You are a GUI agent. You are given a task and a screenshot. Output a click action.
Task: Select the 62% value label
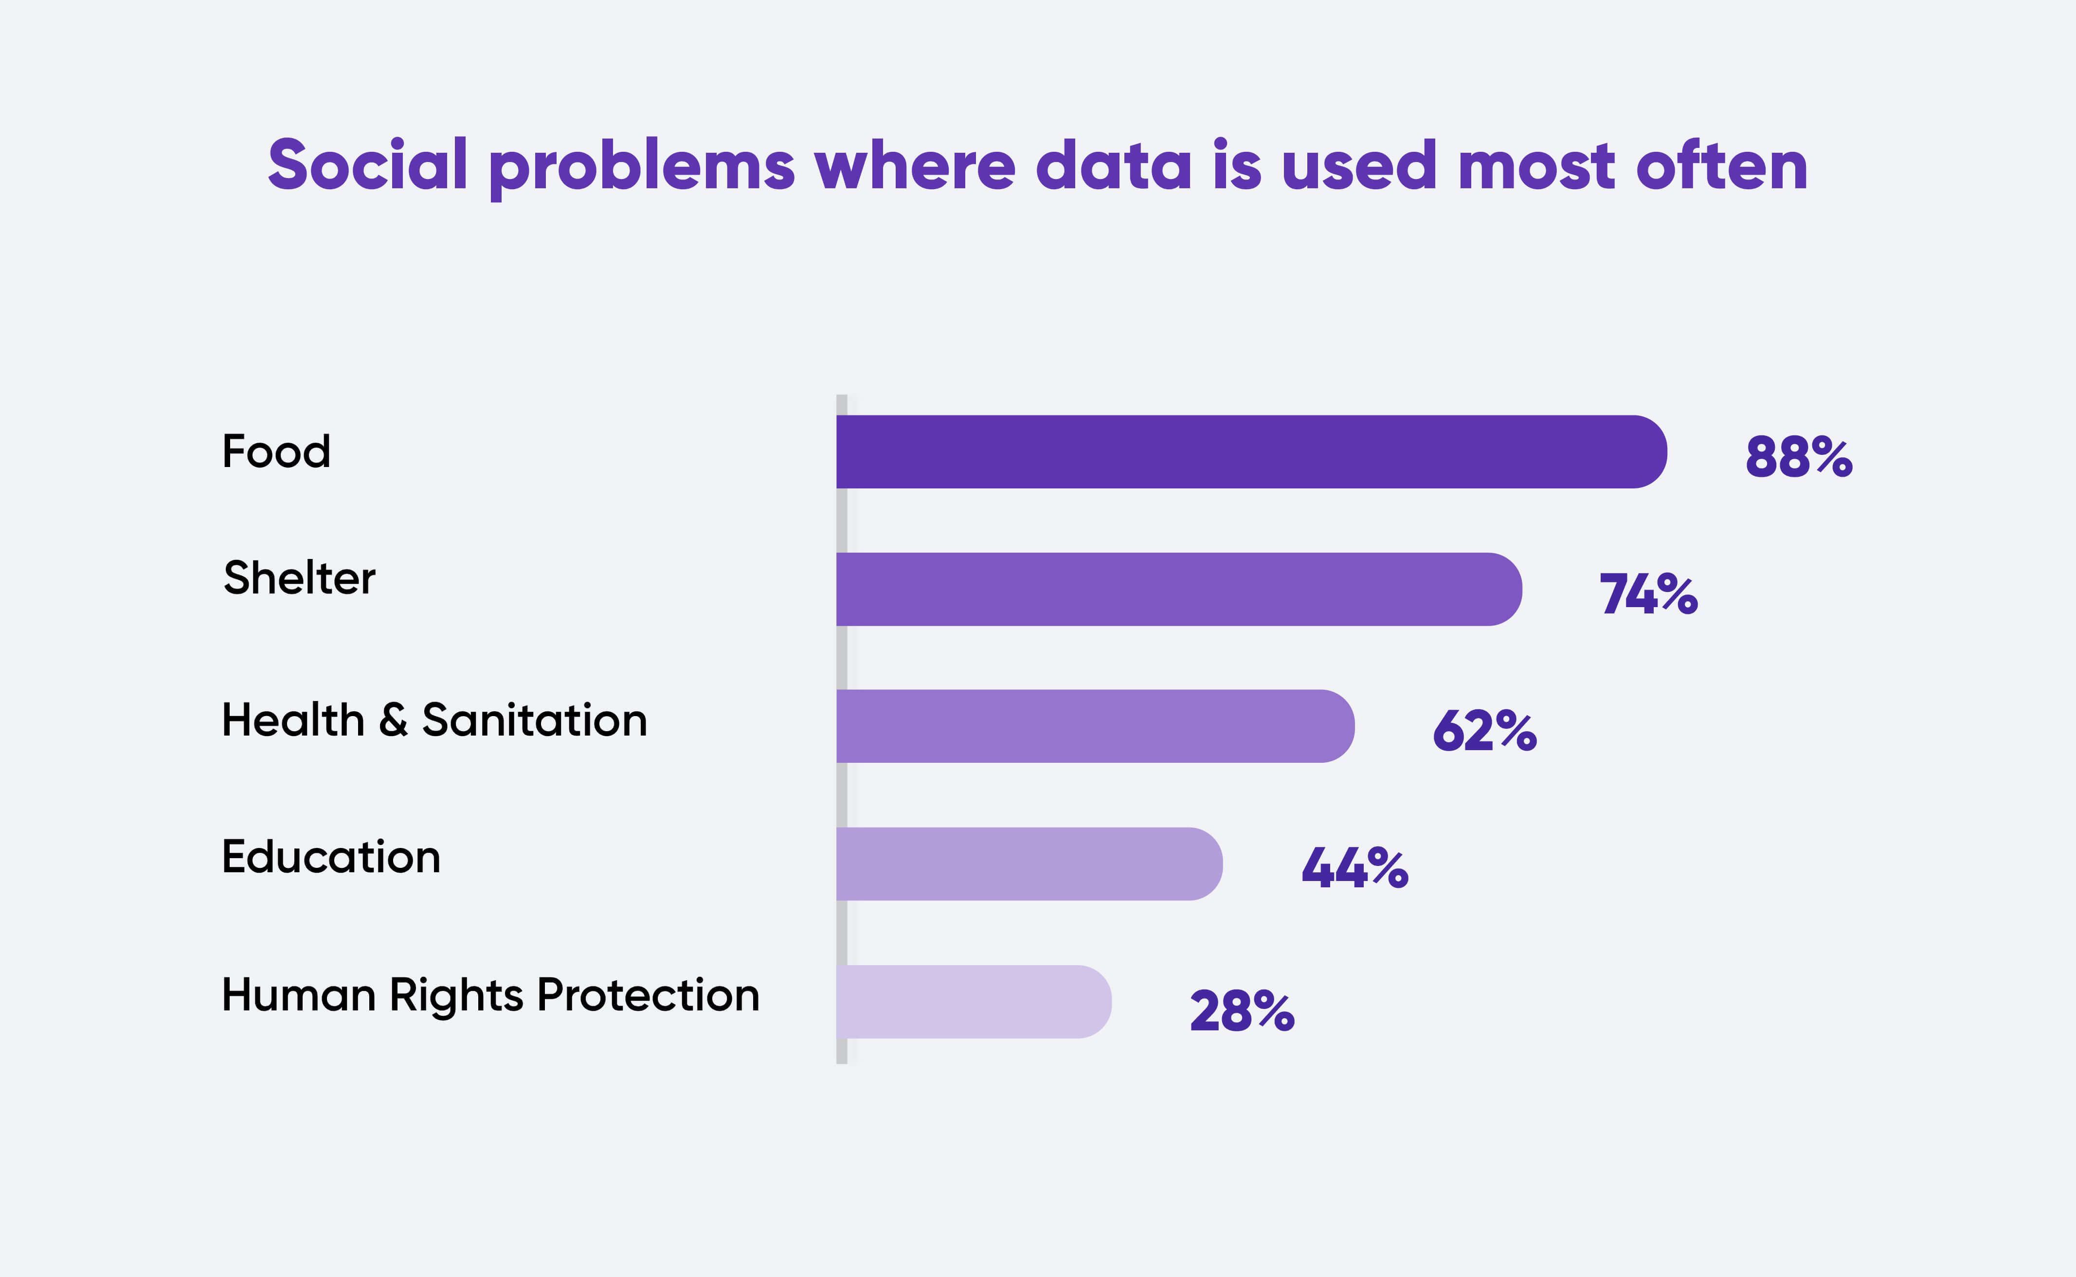pyautogui.click(x=1484, y=731)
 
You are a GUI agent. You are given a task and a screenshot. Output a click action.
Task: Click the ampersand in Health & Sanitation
pyautogui.click(x=394, y=720)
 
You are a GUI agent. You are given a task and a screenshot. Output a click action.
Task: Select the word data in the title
pyautogui.click(x=1113, y=165)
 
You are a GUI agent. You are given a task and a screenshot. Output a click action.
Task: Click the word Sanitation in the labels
pyautogui.click(x=535, y=720)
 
